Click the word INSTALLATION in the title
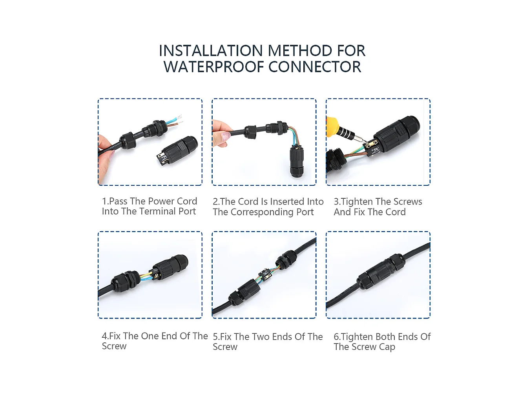[x=211, y=51]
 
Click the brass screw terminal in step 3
[x=371, y=146]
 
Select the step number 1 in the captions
[x=104, y=201]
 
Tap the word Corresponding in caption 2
[x=262, y=212]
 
